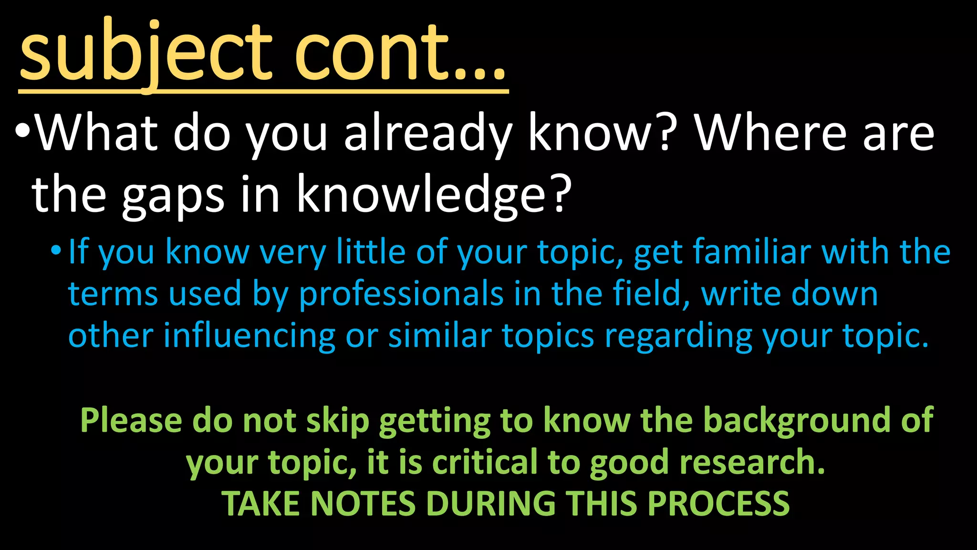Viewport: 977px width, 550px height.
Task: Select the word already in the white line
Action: click(x=427, y=134)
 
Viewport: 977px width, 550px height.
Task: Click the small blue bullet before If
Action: click(x=56, y=250)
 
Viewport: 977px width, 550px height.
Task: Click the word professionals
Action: click(x=401, y=295)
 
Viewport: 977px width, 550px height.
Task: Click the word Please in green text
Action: click(x=131, y=421)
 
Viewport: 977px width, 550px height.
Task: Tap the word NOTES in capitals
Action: click(x=363, y=504)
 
